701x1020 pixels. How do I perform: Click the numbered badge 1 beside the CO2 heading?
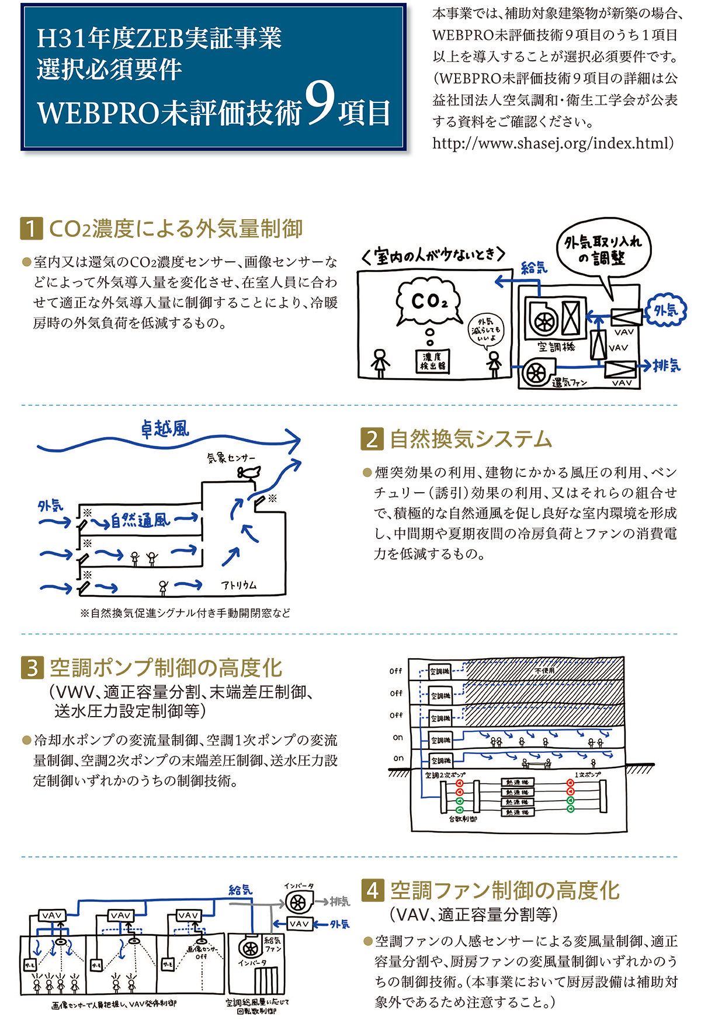[x=32, y=229]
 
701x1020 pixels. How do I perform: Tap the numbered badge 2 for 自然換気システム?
[x=372, y=439]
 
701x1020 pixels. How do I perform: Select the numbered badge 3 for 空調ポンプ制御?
[x=32, y=668]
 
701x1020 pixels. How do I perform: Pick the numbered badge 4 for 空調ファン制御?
[x=373, y=890]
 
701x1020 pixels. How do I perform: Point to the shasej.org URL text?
[x=553, y=143]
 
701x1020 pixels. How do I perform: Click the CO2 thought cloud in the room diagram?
[x=429, y=302]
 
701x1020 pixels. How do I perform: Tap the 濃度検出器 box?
[x=433, y=361]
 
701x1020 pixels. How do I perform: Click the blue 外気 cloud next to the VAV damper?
[x=666, y=310]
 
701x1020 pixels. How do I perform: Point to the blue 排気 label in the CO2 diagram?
[x=667, y=366]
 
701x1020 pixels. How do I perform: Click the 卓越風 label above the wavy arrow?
[x=165, y=430]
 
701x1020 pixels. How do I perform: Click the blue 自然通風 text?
[x=140, y=520]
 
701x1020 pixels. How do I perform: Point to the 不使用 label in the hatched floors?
[x=544, y=670]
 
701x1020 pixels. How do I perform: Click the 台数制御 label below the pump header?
[x=463, y=819]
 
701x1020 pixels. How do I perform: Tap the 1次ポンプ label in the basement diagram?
[x=587, y=774]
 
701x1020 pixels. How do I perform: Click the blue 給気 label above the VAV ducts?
[x=240, y=890]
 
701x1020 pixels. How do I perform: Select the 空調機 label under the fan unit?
[x=556, y=347]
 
